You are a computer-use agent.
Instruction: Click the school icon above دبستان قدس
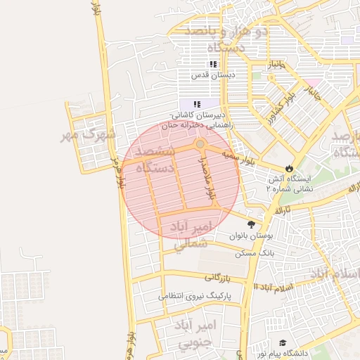click(213, 65)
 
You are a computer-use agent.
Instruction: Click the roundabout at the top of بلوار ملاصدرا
click(200, 144)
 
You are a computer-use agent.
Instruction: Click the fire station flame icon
click(270, 169)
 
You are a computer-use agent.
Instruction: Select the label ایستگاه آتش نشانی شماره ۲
click(288, 184)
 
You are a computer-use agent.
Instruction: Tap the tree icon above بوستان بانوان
click(251, 224)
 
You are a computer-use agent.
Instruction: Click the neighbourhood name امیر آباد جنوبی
click(185, 333)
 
